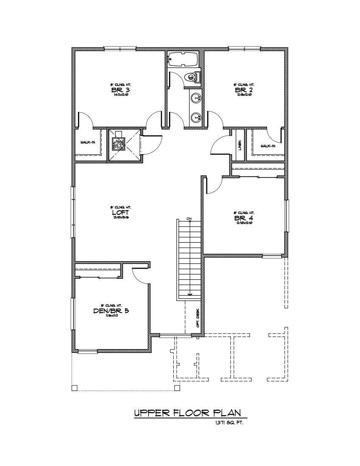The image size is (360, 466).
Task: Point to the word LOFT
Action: [x=117, y=212]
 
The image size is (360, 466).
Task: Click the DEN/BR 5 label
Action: [x=111, y=310]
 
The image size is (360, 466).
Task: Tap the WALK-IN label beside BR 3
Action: [x=88, y=142]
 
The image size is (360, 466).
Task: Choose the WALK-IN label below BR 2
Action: [x=268, y=146]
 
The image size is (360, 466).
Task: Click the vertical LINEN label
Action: [x=239, y=145]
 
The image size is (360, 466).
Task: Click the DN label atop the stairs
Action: [x=189, y=219]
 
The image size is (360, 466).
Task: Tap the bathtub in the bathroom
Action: [x=183, y=59]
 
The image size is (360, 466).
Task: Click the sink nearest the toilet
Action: [x=195, y=99]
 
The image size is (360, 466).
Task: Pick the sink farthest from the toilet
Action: [x=195, y=117]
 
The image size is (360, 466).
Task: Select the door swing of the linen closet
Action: [x=219, y=146]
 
